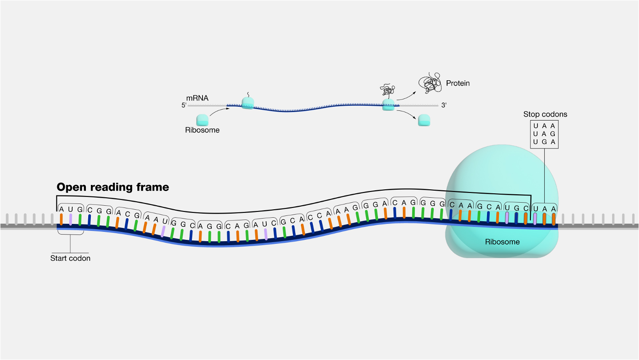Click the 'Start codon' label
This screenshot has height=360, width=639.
[x=70, y=258]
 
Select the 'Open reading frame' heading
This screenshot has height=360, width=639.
[x=113, y=187]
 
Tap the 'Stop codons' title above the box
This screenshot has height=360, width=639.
[x=545, y=114]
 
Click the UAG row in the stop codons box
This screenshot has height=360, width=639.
[x=544, y=134]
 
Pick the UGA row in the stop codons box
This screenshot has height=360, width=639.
[x=544, y=142]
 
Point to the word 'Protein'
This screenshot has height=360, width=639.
[x=458, y=83]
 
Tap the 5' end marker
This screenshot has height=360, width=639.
[x=184, y=106]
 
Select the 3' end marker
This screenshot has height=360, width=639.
[x=443, y=106]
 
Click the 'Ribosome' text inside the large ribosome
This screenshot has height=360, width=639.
[x=502, y=242]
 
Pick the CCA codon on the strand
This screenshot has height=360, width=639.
[x=320, y=215]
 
